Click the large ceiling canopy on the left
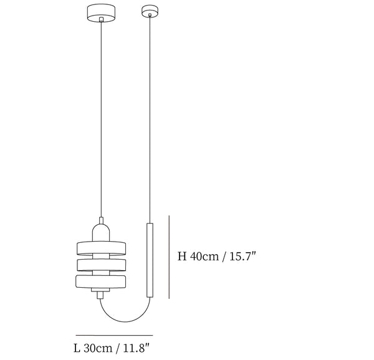(101, 12)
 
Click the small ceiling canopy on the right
(150, 11)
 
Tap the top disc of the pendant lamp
(101, 248)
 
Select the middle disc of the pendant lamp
(102, 265)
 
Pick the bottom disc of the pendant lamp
(101, 282)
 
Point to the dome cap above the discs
(101, 232)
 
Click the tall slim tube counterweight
(150, 260)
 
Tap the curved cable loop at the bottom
(125, 321)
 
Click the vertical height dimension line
(169, 257)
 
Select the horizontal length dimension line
(115, 335)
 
